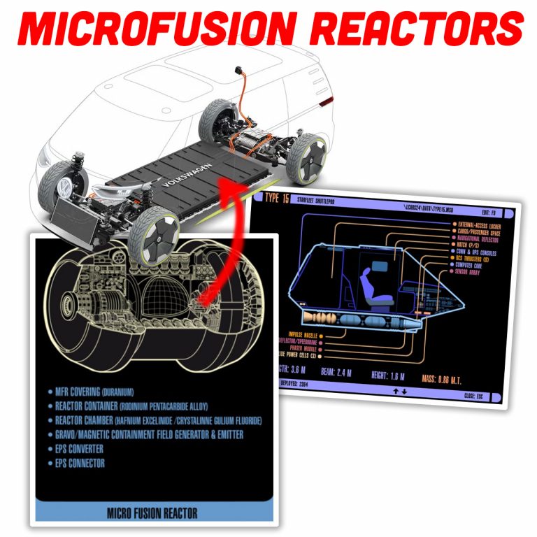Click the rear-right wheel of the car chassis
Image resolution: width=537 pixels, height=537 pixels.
point(308,157)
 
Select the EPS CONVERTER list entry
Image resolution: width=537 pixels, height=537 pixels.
point(81,448)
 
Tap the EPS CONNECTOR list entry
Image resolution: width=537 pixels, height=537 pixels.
point(82,463)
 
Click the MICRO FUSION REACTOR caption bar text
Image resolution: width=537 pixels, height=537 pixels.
point(152,513)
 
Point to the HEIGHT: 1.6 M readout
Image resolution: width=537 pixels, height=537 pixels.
point(384,375)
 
